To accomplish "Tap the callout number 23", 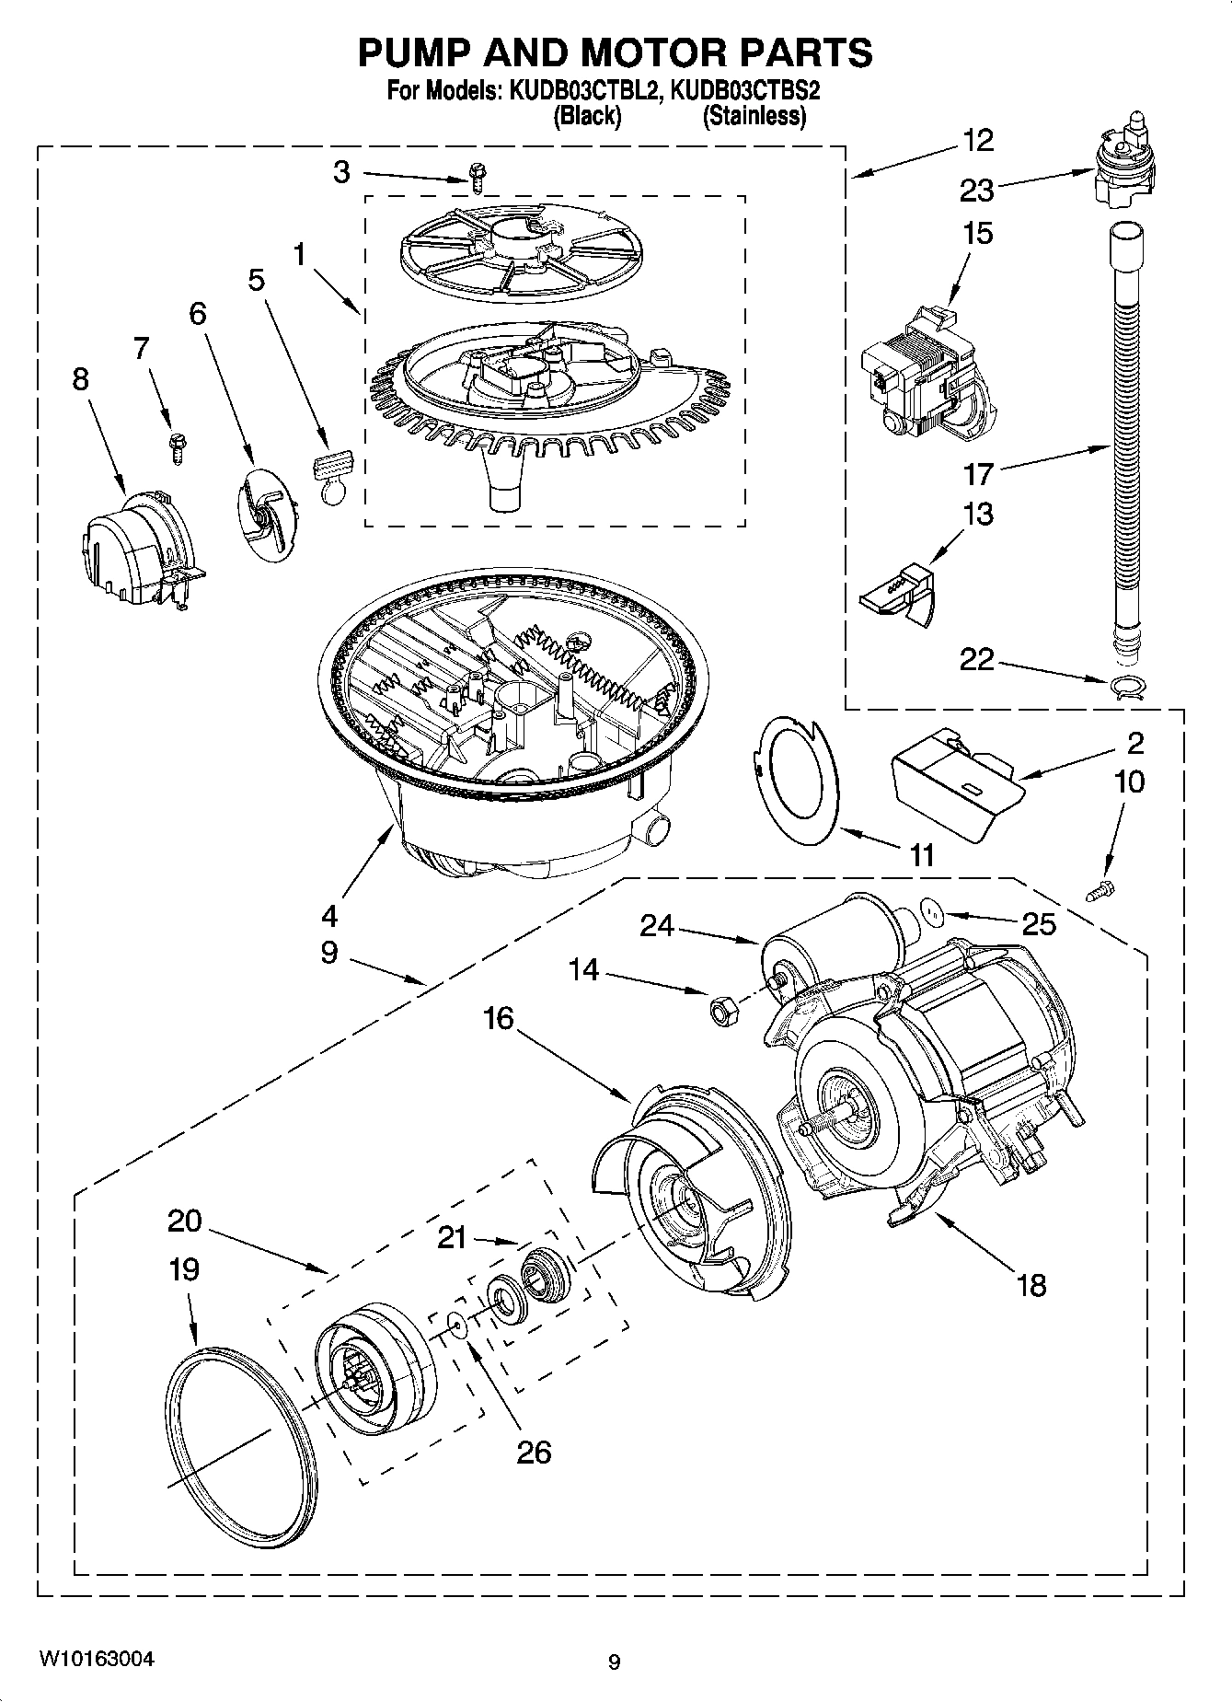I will coord(976,191).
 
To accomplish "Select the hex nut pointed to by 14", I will coord(720,1010).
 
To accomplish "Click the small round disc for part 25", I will coord(935,912).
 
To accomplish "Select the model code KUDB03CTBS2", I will coord(745,92).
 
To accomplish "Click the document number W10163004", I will coord(97,1659).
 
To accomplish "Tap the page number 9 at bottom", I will coord(614,1662).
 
